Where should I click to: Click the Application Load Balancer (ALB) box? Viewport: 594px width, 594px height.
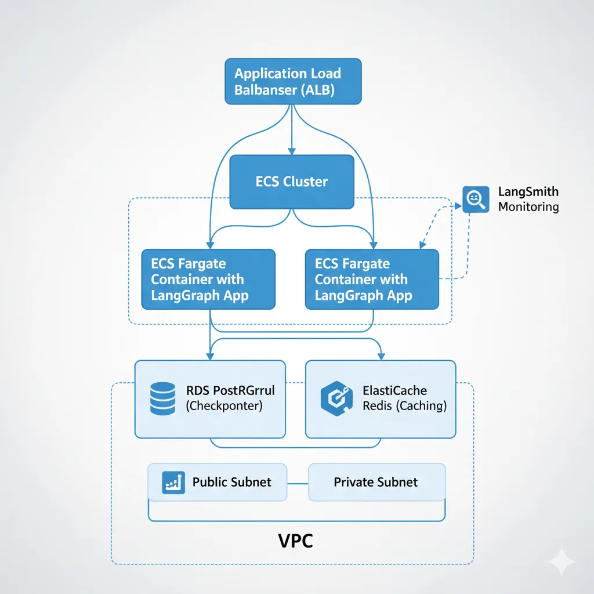[293, 81]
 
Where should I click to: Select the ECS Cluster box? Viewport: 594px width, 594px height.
[292, 182]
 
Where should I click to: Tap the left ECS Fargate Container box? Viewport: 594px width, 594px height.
[208, 279]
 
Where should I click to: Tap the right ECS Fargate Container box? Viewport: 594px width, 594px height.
[372, 279]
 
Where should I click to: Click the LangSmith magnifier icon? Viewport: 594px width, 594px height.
[475, 199]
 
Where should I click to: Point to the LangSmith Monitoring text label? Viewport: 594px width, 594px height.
[528, 199]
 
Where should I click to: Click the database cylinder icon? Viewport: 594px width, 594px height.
[162, 399]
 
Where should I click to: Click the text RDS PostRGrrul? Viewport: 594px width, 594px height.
[230, 390]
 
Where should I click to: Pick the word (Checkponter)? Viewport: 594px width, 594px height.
[224, 406]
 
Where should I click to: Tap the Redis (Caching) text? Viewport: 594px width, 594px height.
[404, 406]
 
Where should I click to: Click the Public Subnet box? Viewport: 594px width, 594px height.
[218, 482]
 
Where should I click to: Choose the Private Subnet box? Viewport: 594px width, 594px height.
[376, 482]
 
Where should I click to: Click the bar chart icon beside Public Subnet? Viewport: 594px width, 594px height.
[173, 482]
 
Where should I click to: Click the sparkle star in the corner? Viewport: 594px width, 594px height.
[562, 561]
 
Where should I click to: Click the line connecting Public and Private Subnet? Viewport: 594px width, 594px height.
[298, 483]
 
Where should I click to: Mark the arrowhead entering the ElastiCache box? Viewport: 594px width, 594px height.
[380, 356]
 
